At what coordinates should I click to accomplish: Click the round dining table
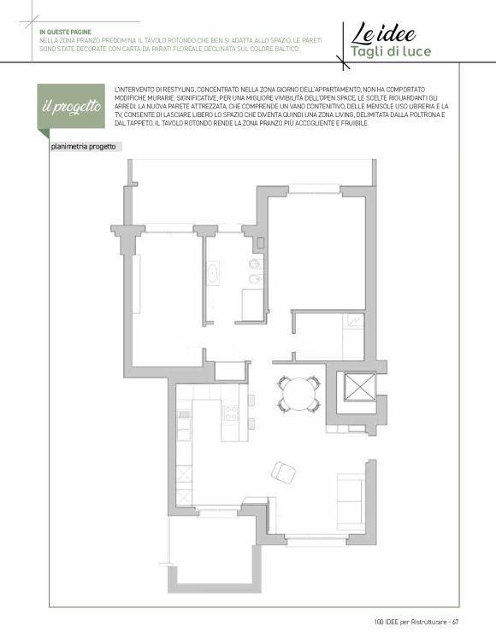coord(299,394)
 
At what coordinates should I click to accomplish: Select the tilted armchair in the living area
coord(283,472)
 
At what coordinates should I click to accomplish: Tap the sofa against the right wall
coord(351,501)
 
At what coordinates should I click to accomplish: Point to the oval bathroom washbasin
coord(213,272)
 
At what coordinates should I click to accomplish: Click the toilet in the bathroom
coord(256,264)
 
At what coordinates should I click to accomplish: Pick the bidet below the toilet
coord(256,279)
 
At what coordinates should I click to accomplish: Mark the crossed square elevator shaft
coord(360,386)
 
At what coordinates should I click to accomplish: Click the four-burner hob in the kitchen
coord(230,413)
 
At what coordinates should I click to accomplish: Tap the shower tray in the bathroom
coord(252,304)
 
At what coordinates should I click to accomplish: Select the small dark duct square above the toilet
coord(260,243)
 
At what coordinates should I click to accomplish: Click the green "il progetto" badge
coord(71,107)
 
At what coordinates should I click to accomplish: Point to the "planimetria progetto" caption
coord(83,147)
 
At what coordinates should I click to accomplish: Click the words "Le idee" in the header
coord(383,33)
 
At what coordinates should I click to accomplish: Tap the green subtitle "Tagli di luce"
coord(391,51)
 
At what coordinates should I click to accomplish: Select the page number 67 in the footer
coord(455,622)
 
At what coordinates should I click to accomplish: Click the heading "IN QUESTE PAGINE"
coord(65,32)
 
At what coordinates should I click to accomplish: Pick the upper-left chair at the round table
coord(284,383)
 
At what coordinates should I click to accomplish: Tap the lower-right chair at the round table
coord(314,406)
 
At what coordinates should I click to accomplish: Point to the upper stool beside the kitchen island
coord(251,400)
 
